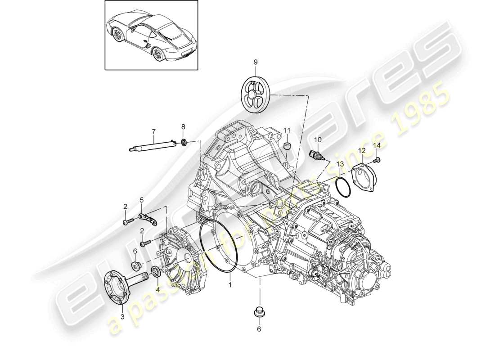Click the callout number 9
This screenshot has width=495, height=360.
[255, 63]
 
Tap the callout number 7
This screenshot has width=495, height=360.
[153, 131]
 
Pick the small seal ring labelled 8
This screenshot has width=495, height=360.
[184, 143]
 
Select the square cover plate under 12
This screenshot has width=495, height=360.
[363, 178]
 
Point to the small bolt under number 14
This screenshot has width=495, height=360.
[377, 159]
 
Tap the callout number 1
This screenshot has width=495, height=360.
[230, 285]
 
